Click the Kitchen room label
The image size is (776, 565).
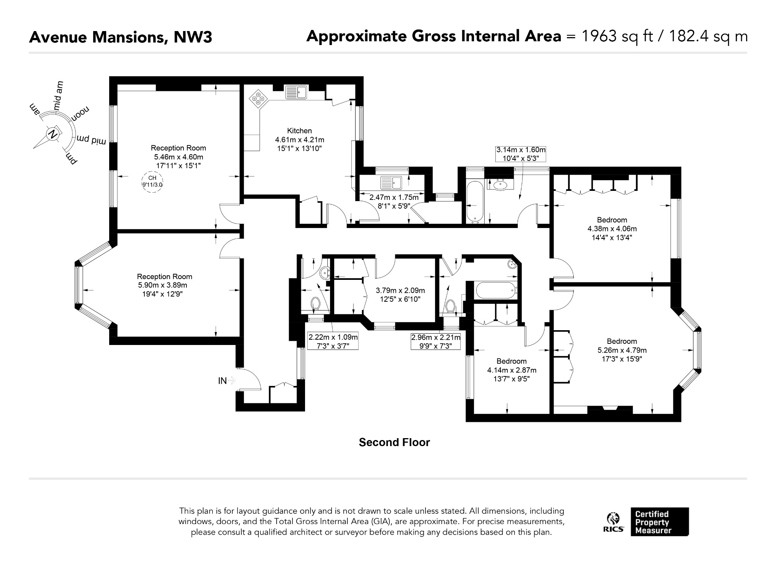(x=299, y=131)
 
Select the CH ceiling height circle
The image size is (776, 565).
(x=152, y=182)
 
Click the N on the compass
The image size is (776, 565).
(x=53, y=134)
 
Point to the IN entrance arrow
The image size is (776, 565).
(x=232, y=381)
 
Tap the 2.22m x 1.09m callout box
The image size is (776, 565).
(x=333, y=341)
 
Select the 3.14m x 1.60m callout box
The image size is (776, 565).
(x=521, y=154)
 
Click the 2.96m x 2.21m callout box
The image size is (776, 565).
(x=436, y=341)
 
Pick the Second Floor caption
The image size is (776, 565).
(x=394, y=442)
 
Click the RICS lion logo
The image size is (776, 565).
(x=613, y=521)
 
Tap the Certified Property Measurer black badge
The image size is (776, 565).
(x=660, y=521)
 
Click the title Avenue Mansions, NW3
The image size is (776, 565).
(x=120, y=37)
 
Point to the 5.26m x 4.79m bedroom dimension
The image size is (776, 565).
(x=622, y=350)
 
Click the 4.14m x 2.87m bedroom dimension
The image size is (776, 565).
(x=512, y=370)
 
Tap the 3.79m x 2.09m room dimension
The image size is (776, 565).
(x=400, y=290)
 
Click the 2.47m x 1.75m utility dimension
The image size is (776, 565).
(x=394, y=197)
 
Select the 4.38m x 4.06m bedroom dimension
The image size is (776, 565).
(x=612, y=229)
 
